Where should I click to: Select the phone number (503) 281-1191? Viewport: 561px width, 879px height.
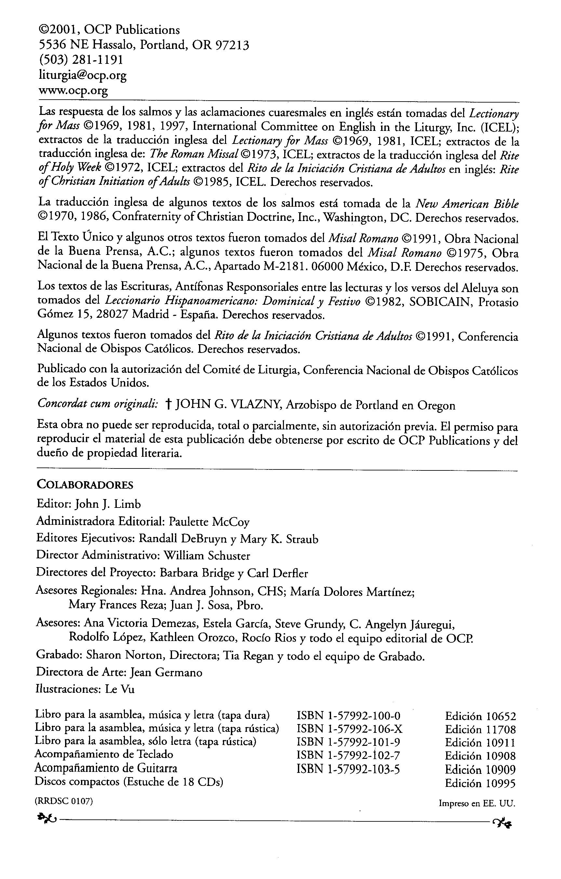(x=81, y=60)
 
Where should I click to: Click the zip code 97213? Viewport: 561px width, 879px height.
(x=232, y=45)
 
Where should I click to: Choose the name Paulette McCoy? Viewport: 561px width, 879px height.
(x=209, y=522)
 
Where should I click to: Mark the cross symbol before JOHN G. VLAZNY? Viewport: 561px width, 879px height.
(x=168, y=404)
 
